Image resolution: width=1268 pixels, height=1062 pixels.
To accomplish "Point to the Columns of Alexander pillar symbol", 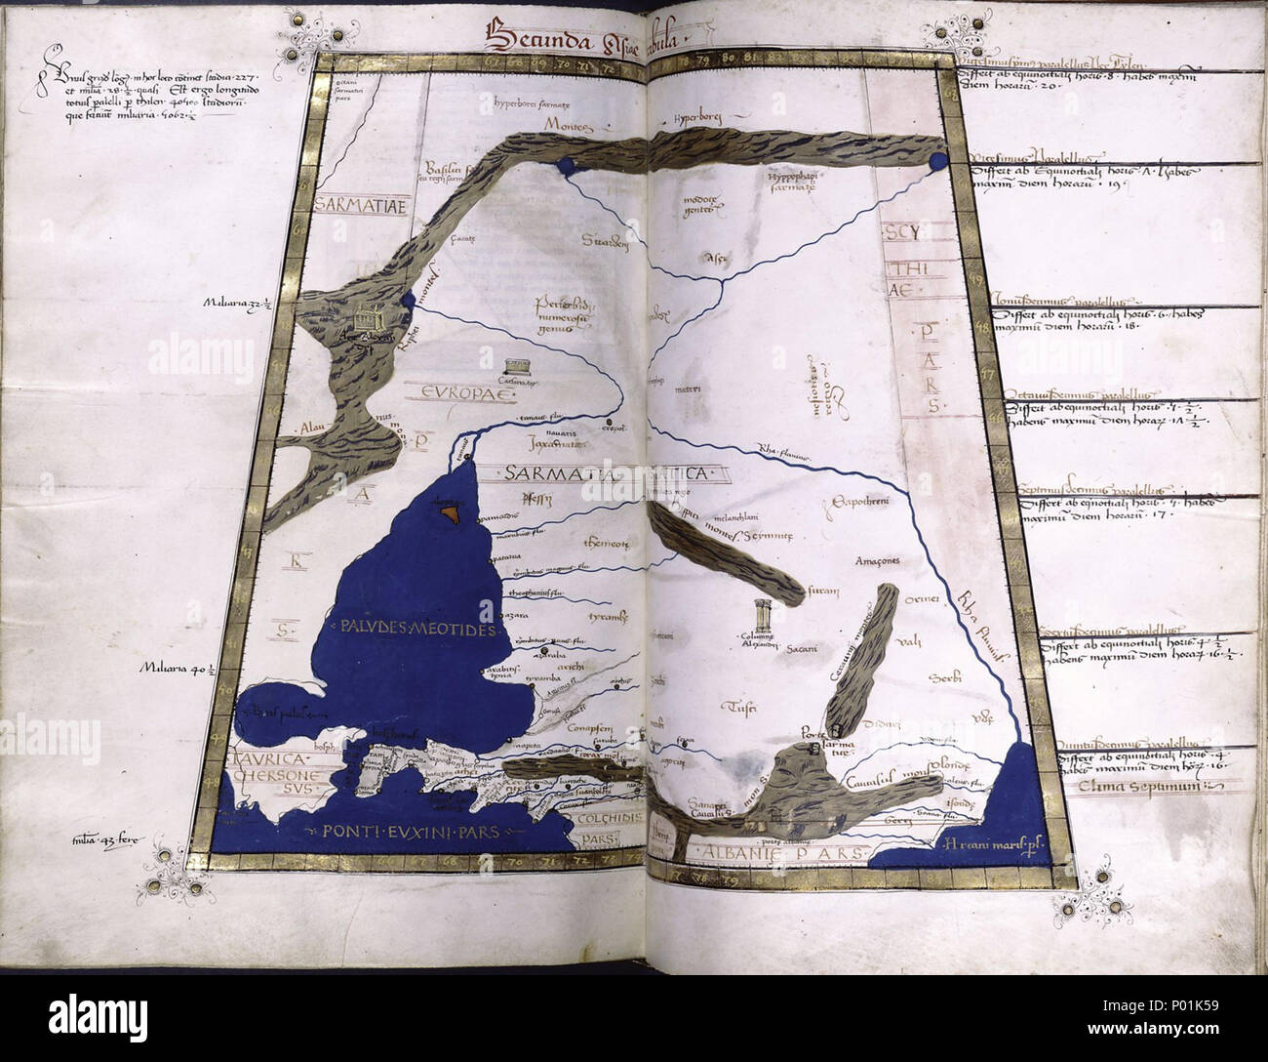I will [x=760, y=618].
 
